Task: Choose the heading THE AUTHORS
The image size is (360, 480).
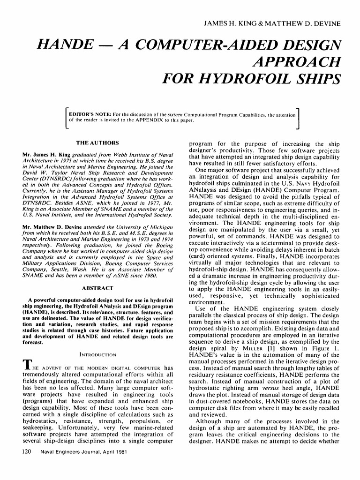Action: tap(97, 142)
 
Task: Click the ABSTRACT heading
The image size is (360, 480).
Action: tap(97, 287)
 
